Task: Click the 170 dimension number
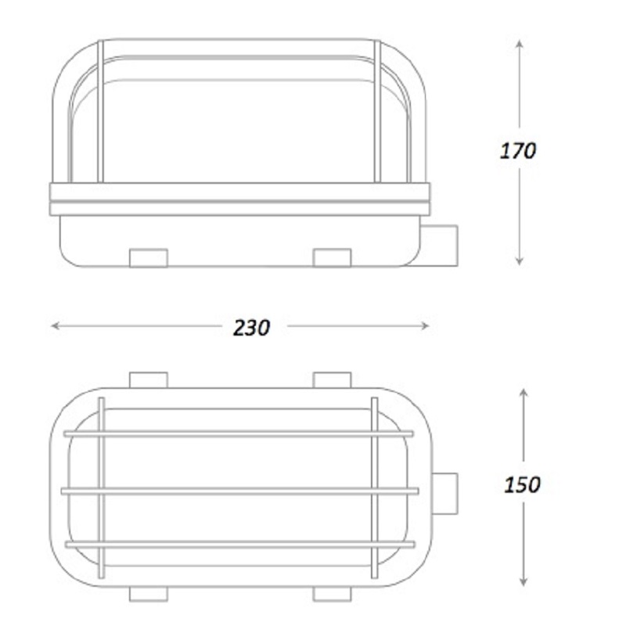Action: [x=518, y=151]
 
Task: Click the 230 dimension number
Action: [x=251, y=328]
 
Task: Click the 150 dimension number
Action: [x=522, y=484]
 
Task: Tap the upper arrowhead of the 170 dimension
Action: [x=519, y=44]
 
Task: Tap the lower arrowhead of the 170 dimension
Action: [x=519, y=261]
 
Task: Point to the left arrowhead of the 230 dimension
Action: [x=55, y=326]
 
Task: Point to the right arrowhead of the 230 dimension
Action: [x=425, y=326]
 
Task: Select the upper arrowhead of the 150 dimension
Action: [x=523, y=393]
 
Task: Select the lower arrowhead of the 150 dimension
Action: [x=523, y=581]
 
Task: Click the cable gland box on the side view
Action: [x=439, y=246]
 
